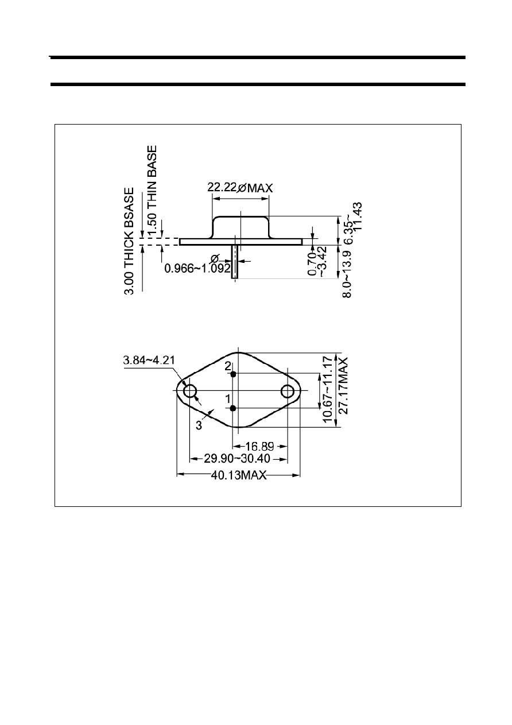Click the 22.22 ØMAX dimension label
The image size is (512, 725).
tap(240, 188)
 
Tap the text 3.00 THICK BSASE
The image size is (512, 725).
tap(129, 241)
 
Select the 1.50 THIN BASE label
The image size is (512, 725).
tap(152, 189)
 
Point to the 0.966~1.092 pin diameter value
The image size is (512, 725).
tap(197, 268)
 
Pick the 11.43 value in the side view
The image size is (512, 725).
tap(358, 216)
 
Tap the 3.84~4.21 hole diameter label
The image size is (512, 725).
tap(149, 360)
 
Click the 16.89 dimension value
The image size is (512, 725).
tap(259, 447)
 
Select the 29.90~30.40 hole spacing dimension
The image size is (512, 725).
tap(237, 459)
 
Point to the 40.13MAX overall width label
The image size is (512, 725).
tap(239, 475)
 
